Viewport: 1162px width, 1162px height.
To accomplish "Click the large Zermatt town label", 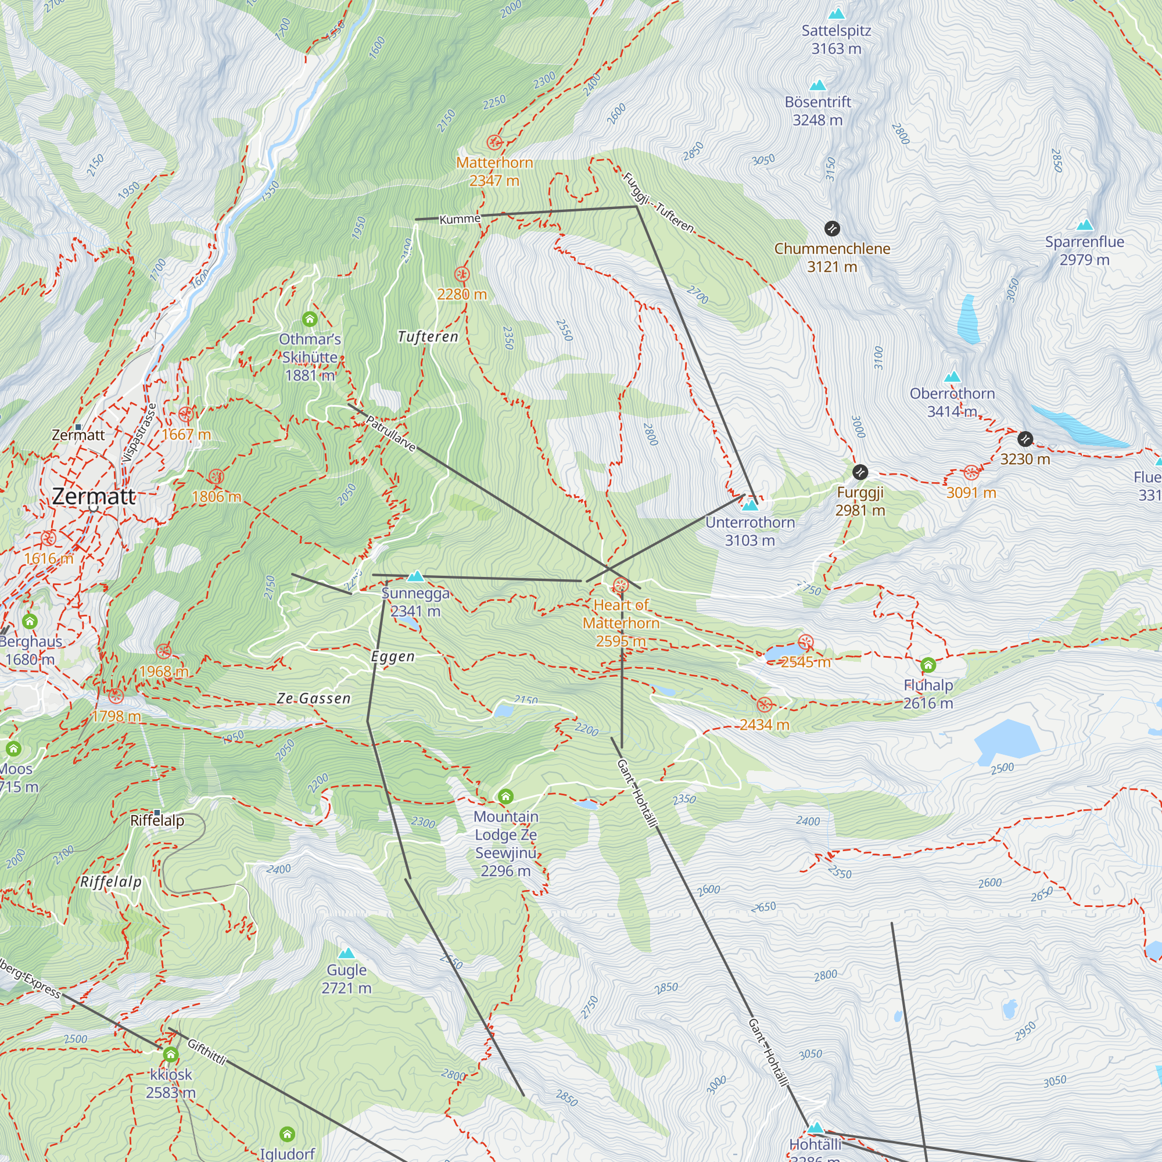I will point(94,496).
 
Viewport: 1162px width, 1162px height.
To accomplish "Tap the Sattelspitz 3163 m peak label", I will point(836,40).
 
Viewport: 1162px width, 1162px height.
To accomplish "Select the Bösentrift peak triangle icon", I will point(817,85).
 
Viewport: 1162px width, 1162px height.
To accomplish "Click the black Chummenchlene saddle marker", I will point(832,228).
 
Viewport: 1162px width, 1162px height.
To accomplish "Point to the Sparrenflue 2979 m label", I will point(1084,251).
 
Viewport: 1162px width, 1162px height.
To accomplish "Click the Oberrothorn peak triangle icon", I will point(952,377).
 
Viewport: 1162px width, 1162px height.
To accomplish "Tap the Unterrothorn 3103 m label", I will point(750,531).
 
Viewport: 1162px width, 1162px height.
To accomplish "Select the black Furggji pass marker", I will point(860,472).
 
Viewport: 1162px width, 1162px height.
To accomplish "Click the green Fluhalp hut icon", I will point(928,665).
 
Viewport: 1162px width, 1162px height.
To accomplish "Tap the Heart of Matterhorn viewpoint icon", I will point(621,585).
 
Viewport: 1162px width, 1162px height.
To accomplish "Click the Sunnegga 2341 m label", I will point(415,602).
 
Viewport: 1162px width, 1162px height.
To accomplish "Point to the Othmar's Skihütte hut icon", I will point(310,319).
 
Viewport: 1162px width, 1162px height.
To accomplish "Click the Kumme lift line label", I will point(460,220).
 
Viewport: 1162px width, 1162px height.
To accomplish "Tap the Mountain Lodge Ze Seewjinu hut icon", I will point(506,797).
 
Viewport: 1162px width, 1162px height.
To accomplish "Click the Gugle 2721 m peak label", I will point(346,978).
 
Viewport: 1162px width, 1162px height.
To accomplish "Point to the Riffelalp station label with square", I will point(157,820).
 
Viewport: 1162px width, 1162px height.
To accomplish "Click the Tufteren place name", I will point(428,337).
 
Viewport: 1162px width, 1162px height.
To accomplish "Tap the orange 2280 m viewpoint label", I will point(462,294).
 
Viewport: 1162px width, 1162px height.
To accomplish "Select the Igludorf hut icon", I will point(288,1134).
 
